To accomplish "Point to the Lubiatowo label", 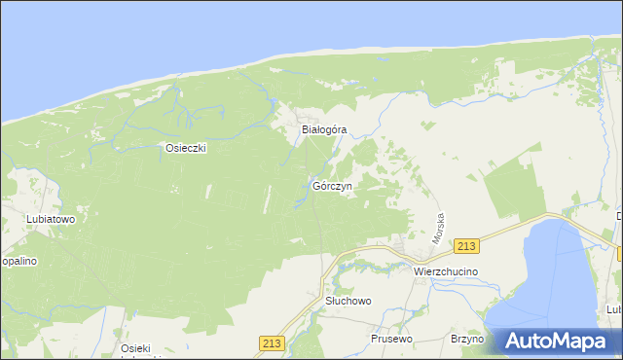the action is point(31,219).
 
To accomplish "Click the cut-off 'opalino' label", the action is point(18,262).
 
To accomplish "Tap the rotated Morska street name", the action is point(439,229).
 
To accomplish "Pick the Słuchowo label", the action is point(348,302).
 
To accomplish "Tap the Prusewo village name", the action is point(392,339).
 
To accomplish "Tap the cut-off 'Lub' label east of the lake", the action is point(613,309).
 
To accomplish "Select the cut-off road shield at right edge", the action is point(619,254).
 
